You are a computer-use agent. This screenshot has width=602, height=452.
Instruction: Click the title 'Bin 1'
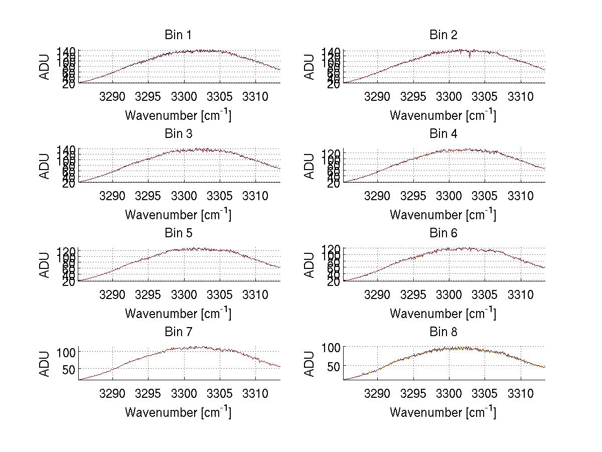click(178, 35)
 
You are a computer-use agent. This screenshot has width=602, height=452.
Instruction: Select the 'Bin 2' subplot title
click(443, 35)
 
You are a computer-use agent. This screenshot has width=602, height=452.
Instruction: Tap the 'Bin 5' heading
click(178, 233)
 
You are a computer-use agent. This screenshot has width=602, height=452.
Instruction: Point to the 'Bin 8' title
click(443, 332)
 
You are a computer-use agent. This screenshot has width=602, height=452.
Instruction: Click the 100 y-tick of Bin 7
click(68, 352)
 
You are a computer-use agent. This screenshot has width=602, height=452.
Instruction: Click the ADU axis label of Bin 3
click(45, 167)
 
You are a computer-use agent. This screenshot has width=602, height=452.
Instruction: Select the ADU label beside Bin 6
click(310, 265)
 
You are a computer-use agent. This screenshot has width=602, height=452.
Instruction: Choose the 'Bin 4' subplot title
click(443, 134)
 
